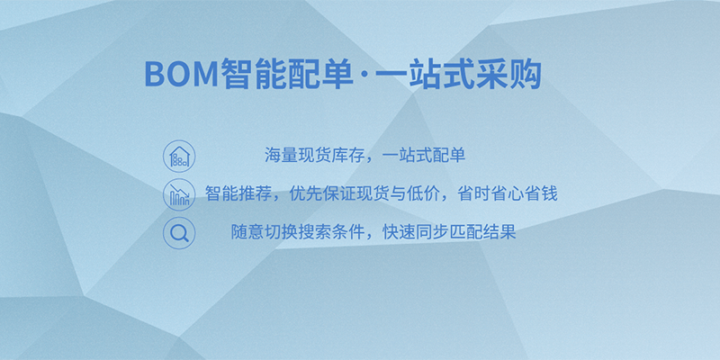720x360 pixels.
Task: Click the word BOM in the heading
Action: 182,75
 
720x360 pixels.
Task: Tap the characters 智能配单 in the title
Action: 286,75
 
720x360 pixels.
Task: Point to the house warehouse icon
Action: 179,156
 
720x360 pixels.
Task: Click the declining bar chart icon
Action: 179,194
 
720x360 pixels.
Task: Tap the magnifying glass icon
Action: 179,233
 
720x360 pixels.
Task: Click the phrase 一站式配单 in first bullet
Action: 424,155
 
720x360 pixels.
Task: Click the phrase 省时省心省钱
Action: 508,193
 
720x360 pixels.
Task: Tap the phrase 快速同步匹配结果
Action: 449,232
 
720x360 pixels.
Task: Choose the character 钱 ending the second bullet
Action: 550,193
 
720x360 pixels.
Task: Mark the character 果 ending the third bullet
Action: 508,232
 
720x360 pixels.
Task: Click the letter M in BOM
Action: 206,75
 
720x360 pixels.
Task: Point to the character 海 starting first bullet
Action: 273,155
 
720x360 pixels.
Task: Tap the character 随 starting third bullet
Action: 239,232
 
